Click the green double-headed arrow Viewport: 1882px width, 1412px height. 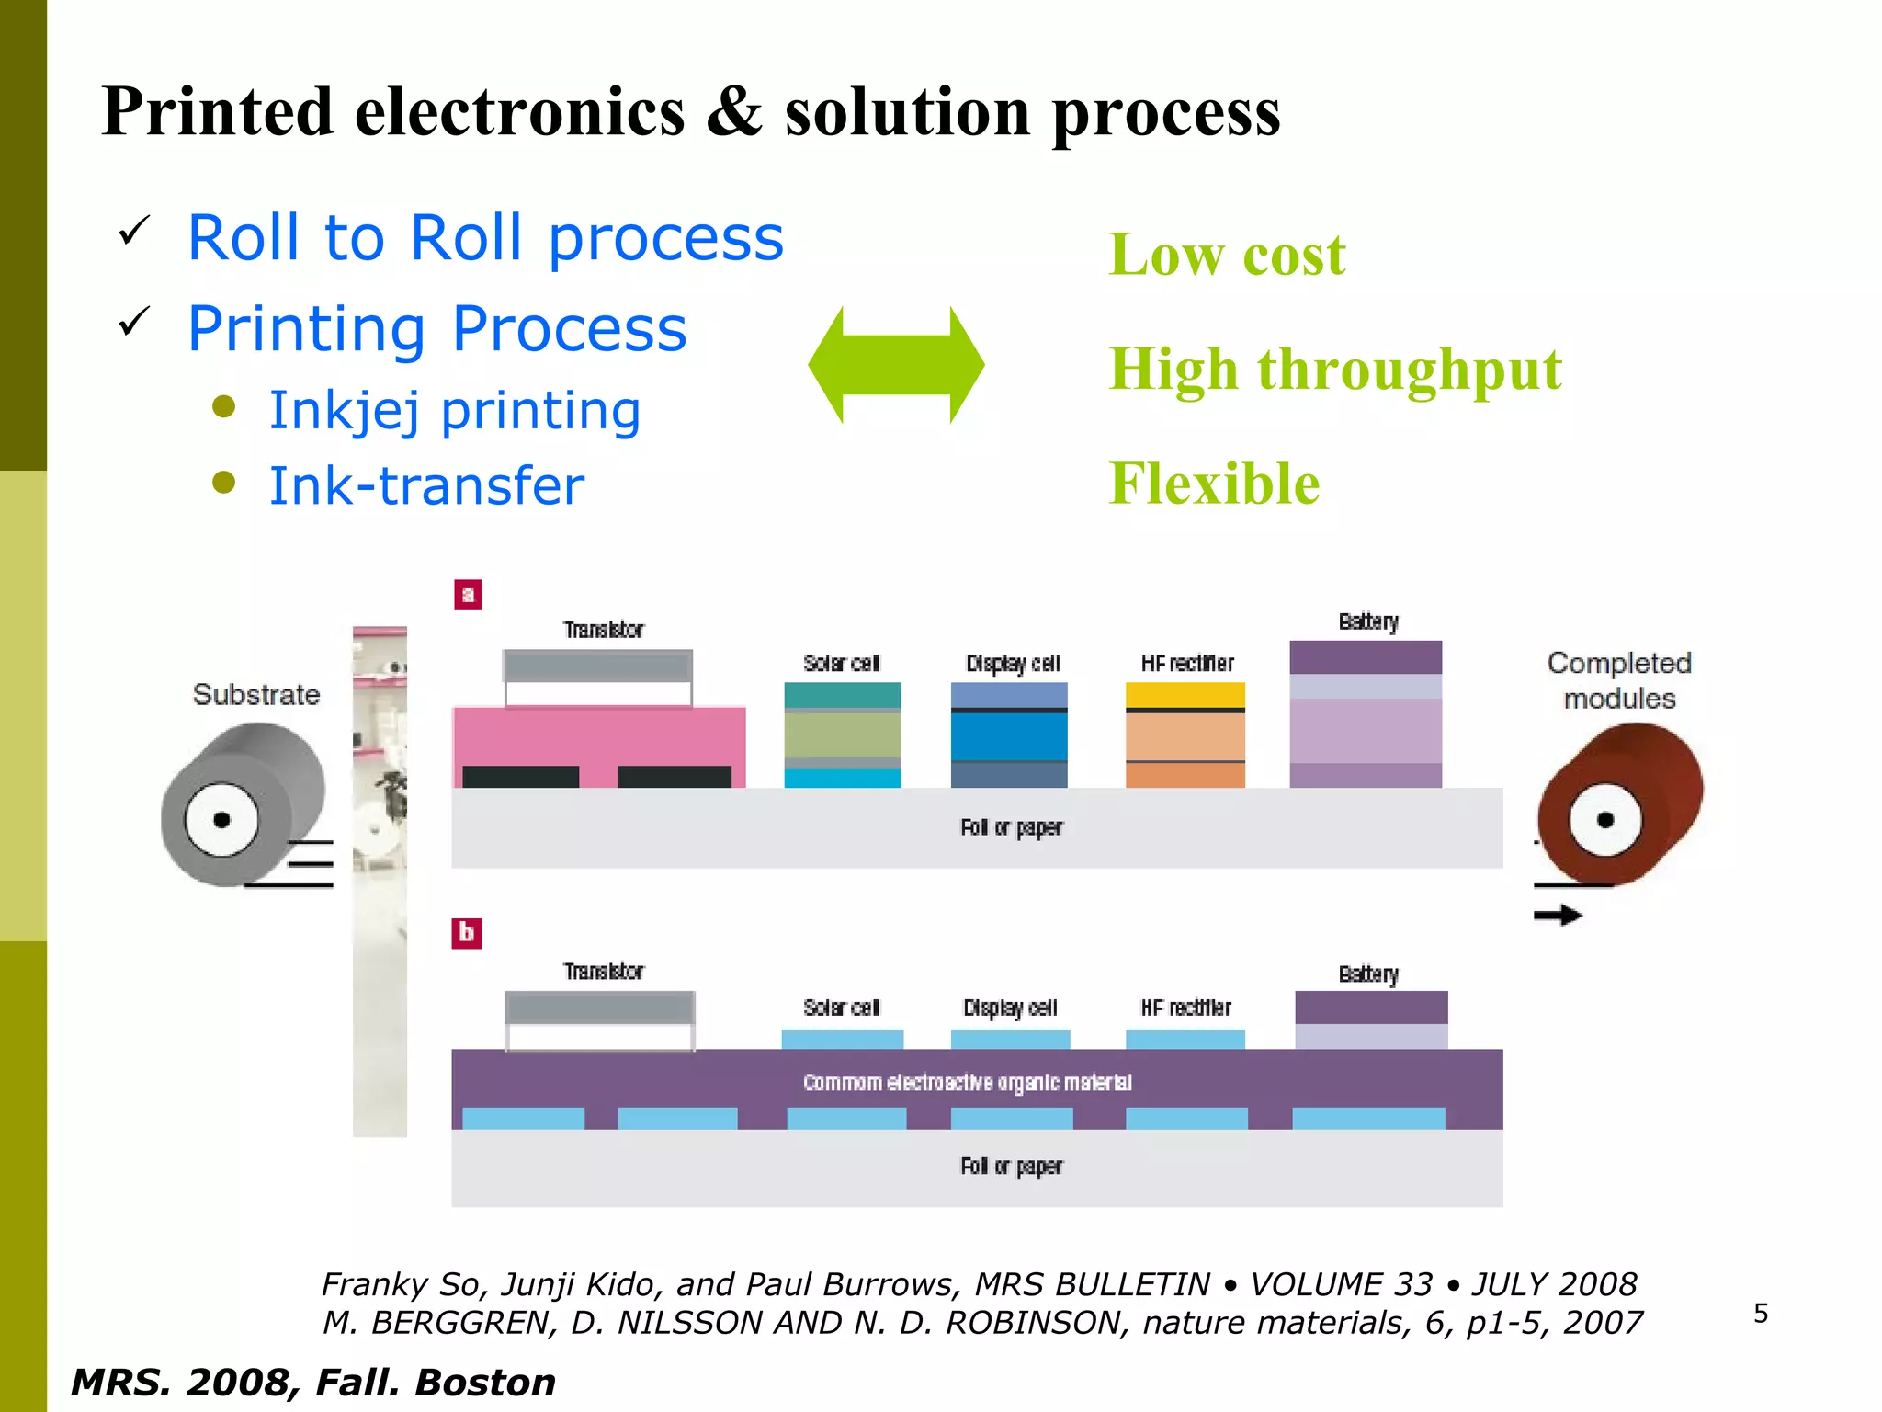(x=896, y=365)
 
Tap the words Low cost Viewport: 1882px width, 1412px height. (x=1227, y=255)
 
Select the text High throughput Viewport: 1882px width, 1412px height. (x=1335, y=370)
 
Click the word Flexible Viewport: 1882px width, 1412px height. (x=1214, y=484)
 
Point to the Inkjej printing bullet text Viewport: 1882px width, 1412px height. (x=454, y=411)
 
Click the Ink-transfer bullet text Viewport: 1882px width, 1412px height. (x=426, y=485)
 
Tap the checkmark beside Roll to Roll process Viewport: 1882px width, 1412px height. (x=134, y=231)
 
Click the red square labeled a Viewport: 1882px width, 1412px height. (x=468, y=595)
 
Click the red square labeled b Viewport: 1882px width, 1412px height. (x=467, y=933)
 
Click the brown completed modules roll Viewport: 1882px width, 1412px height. (x=1621, y=804)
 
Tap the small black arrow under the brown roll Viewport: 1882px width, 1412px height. (x=1558, y=915)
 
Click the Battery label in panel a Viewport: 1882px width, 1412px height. (x=1368, y=622)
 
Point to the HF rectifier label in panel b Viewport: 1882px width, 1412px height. (x=1185, y=1008)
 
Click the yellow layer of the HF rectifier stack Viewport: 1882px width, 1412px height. (x=1185, y=694)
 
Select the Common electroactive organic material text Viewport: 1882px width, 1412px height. (x=967, y=1083)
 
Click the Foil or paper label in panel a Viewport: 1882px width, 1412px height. (x=1011, y=827)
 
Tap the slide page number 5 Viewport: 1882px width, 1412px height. (x=1760, y=1313)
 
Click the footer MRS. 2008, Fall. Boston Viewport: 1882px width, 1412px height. (x=313, y=1383)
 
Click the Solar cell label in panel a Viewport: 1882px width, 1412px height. (x=841, y=663)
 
